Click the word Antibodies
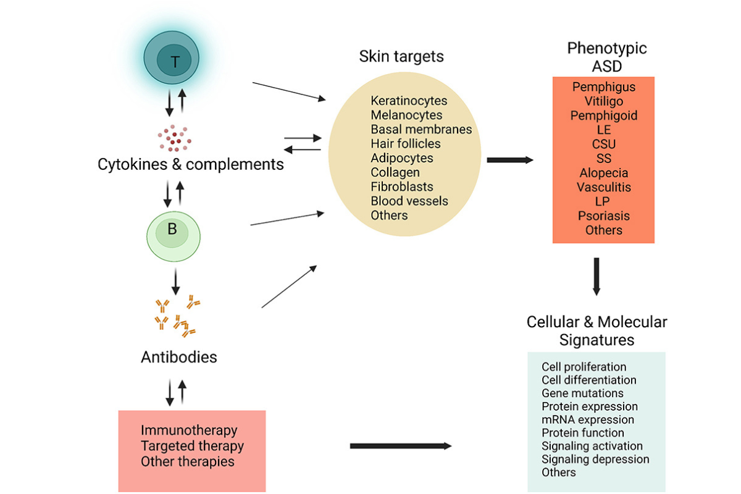pyautogui.click(x=179, y=357)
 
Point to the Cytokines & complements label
pyautogui.click(x=191, y=165)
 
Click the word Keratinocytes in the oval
pyautogui.click(x=409, y=101)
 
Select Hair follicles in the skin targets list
pyautogui.click(x=406, y=144)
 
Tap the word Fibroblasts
pyautogui.click(x=402, y=186)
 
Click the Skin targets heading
pyautogui.click(x=401, y=57)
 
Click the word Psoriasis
pyautogui.click(x=604, y=216)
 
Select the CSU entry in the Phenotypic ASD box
pyautogui.click(x=603, y=144)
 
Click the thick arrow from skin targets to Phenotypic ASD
pyautogui.click(x=509, y=160)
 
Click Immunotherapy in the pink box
pyautogui.click(x=189, y=430)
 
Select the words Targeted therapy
pyautogui.click(x=192, y=446)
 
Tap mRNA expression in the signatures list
pyautogui.click(x=587, y=420)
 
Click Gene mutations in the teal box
pyautogui.click(x=582, y=393)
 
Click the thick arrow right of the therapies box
pyautogui.click(x=400, y=446)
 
